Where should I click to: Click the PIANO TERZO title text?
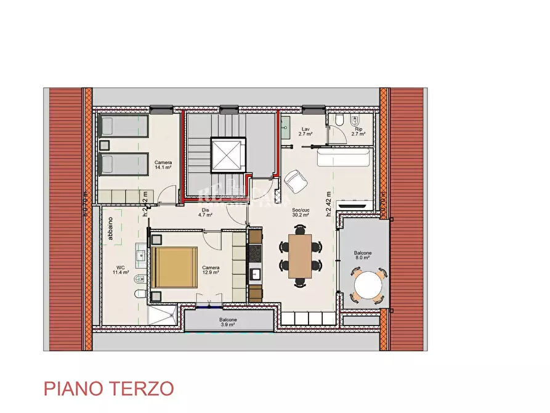coord(108,388)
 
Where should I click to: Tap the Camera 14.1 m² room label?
coord(163,165)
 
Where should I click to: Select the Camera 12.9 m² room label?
coord(211,269)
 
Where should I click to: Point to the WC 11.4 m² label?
coord(120,269)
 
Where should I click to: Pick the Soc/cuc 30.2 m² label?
coord(301,213)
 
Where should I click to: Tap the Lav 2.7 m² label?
coord(304,131)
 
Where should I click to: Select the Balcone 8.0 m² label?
coord(362,256)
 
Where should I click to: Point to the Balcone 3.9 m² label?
coord(227,322)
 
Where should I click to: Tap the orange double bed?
coord(175,267)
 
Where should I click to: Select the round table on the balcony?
coord(368,285)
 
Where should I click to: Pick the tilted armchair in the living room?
coord(296,180)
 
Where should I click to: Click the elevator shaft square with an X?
coord(228,155)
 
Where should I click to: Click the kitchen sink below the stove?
coord(255,274)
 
